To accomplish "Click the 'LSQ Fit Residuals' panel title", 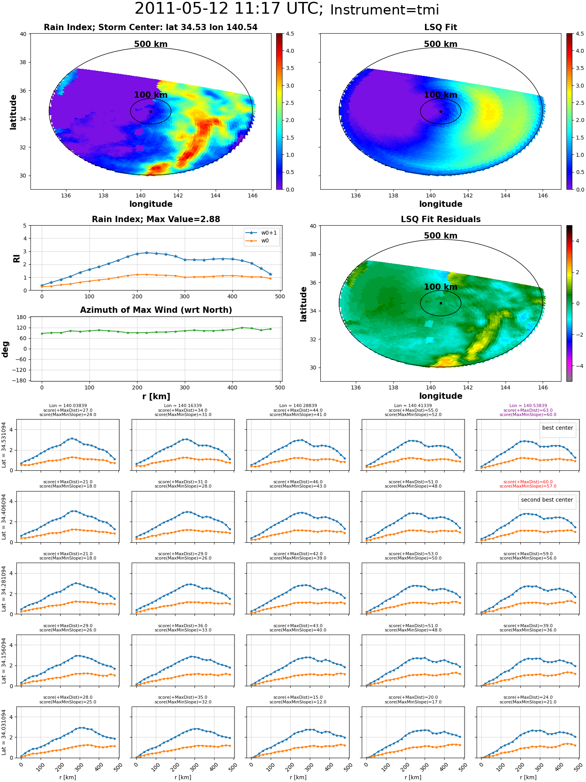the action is pos(441,219).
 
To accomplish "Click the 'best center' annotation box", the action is pos(557,428).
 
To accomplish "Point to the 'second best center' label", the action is pos(547,500).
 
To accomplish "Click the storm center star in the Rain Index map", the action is pos(151,111).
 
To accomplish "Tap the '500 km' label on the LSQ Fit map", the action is pos(441,44).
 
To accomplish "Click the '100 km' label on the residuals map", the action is pos(441,287).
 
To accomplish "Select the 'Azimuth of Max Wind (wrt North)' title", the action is pos(156,310).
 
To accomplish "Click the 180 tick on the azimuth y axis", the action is pos(22,317).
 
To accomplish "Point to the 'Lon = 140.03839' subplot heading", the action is pos(68,406).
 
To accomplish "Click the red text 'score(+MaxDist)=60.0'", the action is pos(528,482).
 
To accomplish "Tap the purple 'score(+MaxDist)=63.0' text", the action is pos(528,410).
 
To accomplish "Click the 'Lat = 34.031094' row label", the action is pos(4,732).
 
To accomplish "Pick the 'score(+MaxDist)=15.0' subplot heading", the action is pos(298,697).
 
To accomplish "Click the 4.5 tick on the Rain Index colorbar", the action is pos(290,34).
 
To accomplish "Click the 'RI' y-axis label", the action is pos(16,258).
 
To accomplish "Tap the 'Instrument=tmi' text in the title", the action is pos(385,10).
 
